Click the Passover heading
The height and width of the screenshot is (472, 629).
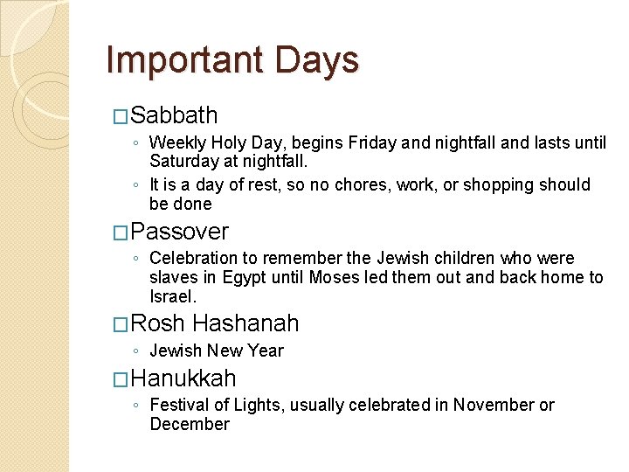(182, 232)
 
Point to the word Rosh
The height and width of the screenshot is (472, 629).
(159, 324)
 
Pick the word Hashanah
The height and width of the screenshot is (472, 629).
(245, 324)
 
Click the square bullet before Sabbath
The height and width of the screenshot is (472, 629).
(122, 116)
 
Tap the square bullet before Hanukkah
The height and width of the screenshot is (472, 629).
(122, 379)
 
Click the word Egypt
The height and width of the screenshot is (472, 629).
(247, 277)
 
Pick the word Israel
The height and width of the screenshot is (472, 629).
(173, 296)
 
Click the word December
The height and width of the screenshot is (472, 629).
(190, 424)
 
